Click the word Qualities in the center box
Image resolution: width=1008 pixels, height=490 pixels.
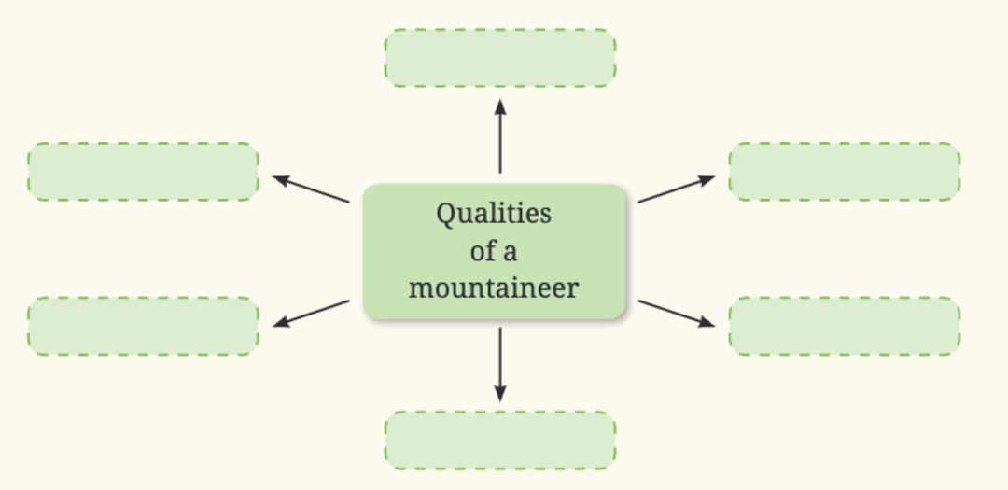click(x=494, y=214)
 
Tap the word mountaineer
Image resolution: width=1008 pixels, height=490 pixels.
click(x=494, y=287)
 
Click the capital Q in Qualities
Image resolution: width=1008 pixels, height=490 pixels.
click(x=446, y=214)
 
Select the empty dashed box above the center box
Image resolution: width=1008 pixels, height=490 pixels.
click(x=500, y=58)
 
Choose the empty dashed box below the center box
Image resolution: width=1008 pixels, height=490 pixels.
click(x=500, y=440)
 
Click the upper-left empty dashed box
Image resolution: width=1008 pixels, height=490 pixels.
click(x=143, y=172)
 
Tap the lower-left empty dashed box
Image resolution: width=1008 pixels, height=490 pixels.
click(x=143, y=326)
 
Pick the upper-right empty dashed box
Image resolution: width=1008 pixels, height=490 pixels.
click(x=844, y=172)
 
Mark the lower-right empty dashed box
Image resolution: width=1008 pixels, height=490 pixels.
click(x=844, y=326)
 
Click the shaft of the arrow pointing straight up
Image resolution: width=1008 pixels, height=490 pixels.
click(x=500, y=140)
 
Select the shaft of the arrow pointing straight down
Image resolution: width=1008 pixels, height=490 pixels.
click(x=500, y=359)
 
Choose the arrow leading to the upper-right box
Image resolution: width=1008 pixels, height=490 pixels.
click(x=675, y=189)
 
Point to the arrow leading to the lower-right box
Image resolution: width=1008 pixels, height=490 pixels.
click(x=675, y=313)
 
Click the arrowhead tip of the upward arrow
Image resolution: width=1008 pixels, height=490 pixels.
click(x=500, y=99)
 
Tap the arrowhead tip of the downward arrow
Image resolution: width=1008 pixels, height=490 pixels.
click(x=500, y=399)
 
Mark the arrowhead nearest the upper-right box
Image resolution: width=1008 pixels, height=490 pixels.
click(x=708, y=178)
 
